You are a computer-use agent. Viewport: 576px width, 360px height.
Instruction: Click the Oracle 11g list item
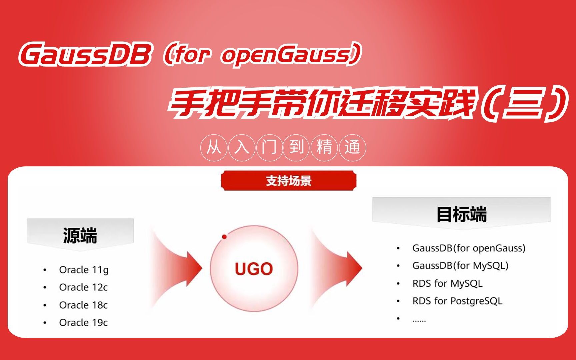click(x=84, y=270)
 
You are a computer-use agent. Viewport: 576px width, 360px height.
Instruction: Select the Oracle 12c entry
click(x=83, y=287)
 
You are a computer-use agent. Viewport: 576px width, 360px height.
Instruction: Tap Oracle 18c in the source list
click(x=83, y=305)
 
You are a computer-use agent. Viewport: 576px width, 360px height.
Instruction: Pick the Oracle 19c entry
click(x=83, y=322)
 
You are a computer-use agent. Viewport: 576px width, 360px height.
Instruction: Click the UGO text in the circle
click(x=254, y=269)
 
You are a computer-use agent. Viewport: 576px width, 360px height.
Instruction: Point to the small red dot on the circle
click(x=224, y=237)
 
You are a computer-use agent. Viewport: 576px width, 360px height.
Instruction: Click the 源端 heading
click(x=80, y=235)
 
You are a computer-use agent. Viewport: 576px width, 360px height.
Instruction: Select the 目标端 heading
click(x=462, y=214)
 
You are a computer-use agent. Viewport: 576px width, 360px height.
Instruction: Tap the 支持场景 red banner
click(x=289, y=181)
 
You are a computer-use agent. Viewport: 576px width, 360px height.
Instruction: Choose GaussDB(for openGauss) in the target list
click(x=469, y=248)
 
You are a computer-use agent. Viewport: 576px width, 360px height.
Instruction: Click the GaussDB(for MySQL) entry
click(x=460, y=266)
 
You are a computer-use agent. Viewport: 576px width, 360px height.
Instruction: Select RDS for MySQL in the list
click(x=447, y=283)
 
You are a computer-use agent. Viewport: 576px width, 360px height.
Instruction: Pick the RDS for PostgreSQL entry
click(x=457, y=301)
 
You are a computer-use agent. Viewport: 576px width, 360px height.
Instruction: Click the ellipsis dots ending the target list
click(x=419, y=321)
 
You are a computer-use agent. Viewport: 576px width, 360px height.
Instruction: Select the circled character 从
click(x=214, y=147)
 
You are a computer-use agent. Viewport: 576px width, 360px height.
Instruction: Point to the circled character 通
click(x=352, y=147)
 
